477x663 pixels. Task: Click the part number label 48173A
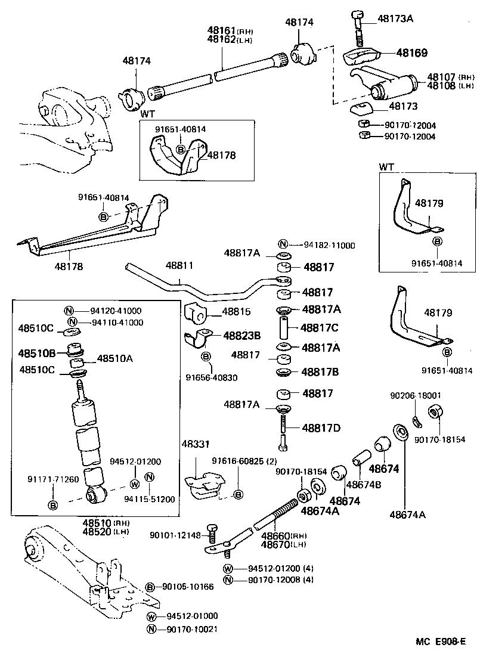[395, 19]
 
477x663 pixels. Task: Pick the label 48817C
[320, 328]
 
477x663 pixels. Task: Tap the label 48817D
[321, 427]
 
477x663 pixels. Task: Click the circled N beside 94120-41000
[69, 311]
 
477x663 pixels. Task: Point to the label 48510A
[114, 358]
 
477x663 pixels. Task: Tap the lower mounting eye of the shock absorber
[94, 494]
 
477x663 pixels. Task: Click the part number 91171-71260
[52, 479]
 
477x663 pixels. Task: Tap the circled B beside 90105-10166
[150, 587]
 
